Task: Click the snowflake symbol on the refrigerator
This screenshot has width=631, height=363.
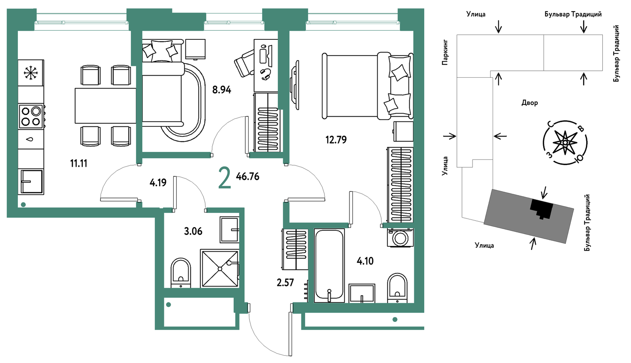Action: pyautogui.click(x=31, y=73)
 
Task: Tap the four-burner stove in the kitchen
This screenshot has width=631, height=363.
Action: pyautogui.click(x=31, y=116)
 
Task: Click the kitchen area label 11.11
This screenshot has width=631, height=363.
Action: pyautogui.click(x=79, y=164)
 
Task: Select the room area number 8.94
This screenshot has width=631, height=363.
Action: pyautogui.click(x=221, y=90)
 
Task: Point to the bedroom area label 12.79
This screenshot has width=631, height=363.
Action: pyautogui.click(x=336, y=140)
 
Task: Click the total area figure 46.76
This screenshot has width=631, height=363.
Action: pyautogui.click(x=248, y=176)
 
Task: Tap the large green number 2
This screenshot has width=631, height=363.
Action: pyautogui.click(x=225, y=178)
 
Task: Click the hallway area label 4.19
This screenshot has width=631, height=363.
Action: pyautogui.click(x=158, y=183)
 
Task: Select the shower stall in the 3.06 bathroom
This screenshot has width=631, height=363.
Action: pyautogui.click(x=220, y=268)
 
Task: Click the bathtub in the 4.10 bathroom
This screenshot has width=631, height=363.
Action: pyautogui.click(x=329, y=265)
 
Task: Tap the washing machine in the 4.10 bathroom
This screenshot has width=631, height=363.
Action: pyautogui.click(x=400, y=238)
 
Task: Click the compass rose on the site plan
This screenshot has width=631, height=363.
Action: pyautogui.click(x=565, y=143)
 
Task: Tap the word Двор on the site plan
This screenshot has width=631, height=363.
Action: pyautogui.click(x=530, y=103)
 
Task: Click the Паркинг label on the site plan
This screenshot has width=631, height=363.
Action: pyautogui.click(x=445, y=52)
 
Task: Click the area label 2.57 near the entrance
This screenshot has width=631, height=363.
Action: pyautogui.click(x=285, y=282)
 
